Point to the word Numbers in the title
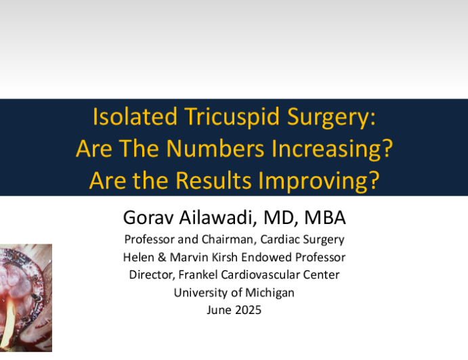pyautogui.click(x=215, y=148)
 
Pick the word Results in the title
pyautogui.click(x=213, y=181)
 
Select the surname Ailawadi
pyautogui.click(x=218, y=217)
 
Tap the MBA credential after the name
pyautogui.click(x=325, y=217)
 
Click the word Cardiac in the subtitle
pyautogui.click(x=277, y=240)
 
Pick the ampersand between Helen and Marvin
pyautogui.click(x=162, y=257)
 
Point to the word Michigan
pyautogui.click(x=270, y=293)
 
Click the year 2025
pyautogui.click(x=248, y=310)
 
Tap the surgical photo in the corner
pyautogui.click(x=26, y=298)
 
